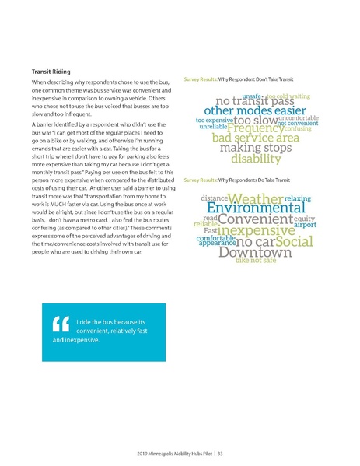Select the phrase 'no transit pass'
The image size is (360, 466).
pos(254,100)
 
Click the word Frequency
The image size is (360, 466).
pos(256,128)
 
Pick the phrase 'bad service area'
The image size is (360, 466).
pos(255,138)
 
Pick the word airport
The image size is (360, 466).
pos(305,226)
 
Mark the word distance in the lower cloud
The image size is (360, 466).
pos(214,199)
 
